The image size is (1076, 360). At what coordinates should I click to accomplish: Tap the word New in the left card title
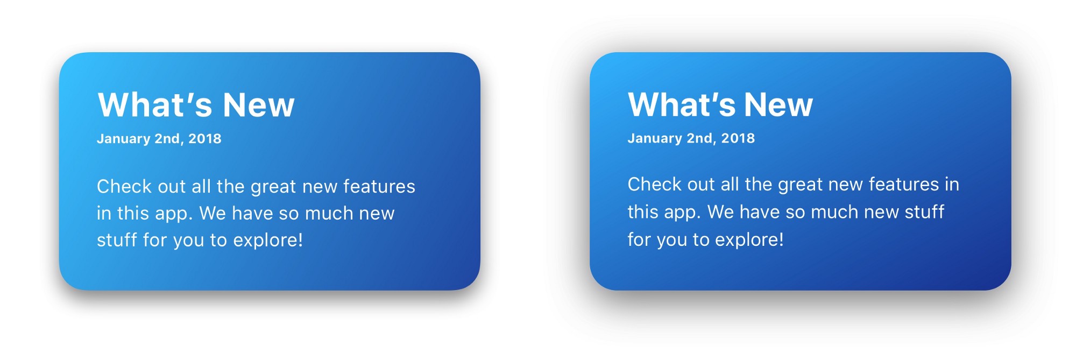(258, 104)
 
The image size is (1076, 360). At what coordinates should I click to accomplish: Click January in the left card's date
(123, 139)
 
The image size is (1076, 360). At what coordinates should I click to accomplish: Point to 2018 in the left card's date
(204, 139)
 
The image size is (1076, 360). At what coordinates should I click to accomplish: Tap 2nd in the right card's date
(700, 138)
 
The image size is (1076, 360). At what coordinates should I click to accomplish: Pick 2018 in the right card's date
(738, 138)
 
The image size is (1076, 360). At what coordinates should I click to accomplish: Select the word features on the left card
(379, 186)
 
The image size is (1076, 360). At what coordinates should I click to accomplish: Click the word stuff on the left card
(117, 240)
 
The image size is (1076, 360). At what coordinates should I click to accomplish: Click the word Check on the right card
(655, 184)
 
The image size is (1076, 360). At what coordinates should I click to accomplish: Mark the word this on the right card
(643, 212)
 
